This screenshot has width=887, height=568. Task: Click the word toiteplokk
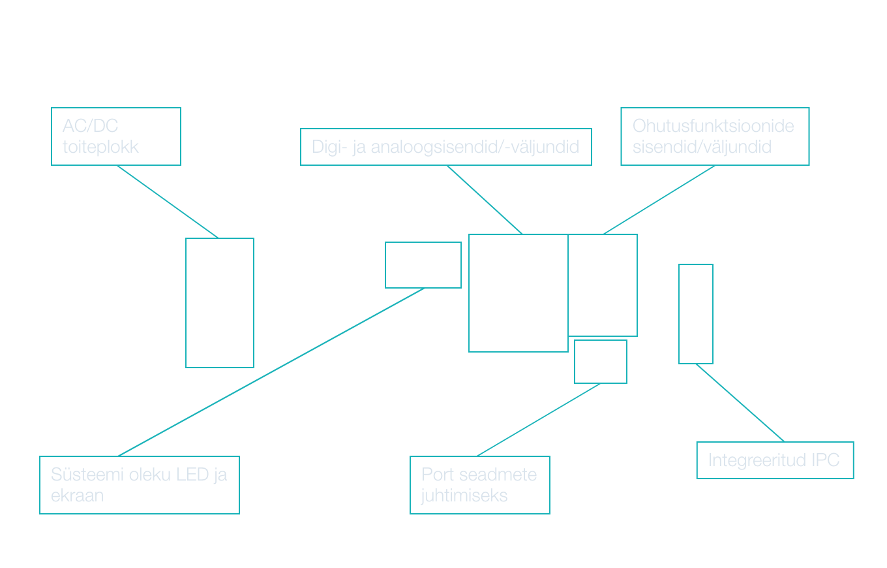(100, 147)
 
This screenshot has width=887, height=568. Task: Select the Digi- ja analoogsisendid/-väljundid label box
(445, 147)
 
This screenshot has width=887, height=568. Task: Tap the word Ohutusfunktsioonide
(713, 125)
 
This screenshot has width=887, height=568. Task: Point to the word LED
(194, 475)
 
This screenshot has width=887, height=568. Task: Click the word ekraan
(77, 496)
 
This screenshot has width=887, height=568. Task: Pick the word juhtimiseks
(464, 496)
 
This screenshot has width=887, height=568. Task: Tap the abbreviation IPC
(826, 460)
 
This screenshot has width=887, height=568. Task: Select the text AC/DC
(90, 126)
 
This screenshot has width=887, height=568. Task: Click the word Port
(436, 474)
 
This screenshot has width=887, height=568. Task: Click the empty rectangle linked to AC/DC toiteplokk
(220, 303)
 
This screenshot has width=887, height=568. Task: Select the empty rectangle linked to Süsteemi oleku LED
(423, 265)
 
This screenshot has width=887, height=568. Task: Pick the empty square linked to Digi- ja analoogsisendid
(519, 293)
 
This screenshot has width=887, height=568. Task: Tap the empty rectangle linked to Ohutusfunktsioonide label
(603, 285)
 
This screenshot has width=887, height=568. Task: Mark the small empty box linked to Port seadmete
(601, 362)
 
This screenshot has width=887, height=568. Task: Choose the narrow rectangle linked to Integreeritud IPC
(696, 314)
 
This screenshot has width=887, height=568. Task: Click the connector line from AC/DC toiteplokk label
(167, 202)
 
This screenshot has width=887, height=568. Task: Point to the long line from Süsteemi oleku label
(271, 372)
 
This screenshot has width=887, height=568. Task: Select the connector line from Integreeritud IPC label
(740, 403)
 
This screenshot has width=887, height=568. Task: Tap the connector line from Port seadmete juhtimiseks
(539, 420)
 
